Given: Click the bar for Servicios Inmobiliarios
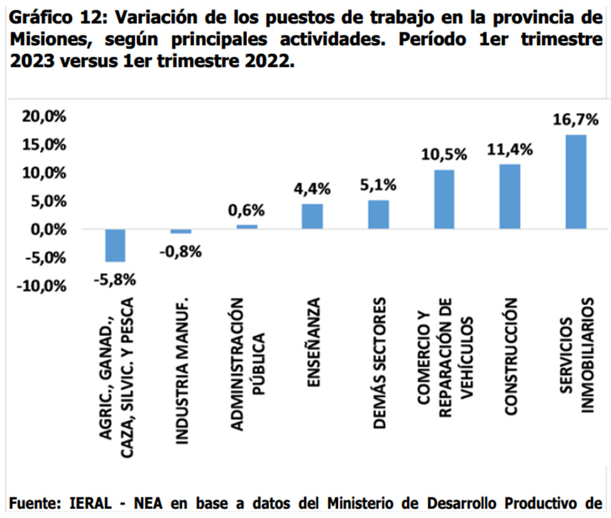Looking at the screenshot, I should pos(576,181).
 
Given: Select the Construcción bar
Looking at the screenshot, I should pos(510,197).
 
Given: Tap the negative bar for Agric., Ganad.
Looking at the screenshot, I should pos(115,245).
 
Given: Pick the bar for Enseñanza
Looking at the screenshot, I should pos(312,216).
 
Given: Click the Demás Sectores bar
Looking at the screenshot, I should pos(378,214).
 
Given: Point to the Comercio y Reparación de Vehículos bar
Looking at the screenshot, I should pos(444,199).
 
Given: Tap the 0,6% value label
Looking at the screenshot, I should pos(246,211).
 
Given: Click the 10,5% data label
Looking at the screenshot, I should pos(444,155).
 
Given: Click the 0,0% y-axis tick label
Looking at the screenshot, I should pos(46,230).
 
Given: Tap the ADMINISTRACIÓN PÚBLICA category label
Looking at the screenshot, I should pos(247,365).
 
